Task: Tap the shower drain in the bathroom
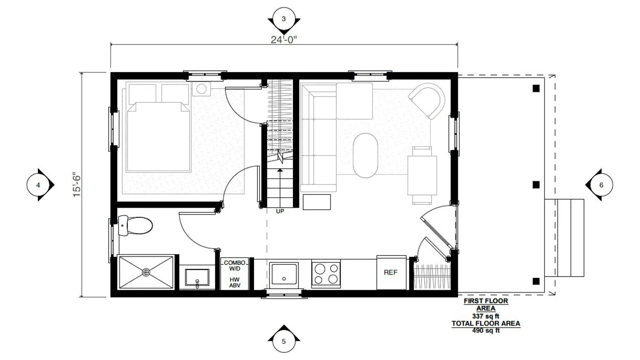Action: point(146,272)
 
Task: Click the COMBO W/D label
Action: point(234,266)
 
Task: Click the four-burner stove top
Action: point(326,274)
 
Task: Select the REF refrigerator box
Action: point(391,272)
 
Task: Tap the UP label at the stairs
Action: point(280,211)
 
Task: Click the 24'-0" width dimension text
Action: point(284,39)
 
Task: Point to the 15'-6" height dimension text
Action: point(77,185)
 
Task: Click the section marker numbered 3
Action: point(283,19)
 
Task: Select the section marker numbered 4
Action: point(38,185)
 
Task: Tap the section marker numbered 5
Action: point(283,341)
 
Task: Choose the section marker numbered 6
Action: point(601,185)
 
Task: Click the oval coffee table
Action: point(365,156)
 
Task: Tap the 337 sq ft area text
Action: point(486,316)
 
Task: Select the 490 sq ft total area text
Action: point(486,330)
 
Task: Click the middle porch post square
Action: point(536,185)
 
